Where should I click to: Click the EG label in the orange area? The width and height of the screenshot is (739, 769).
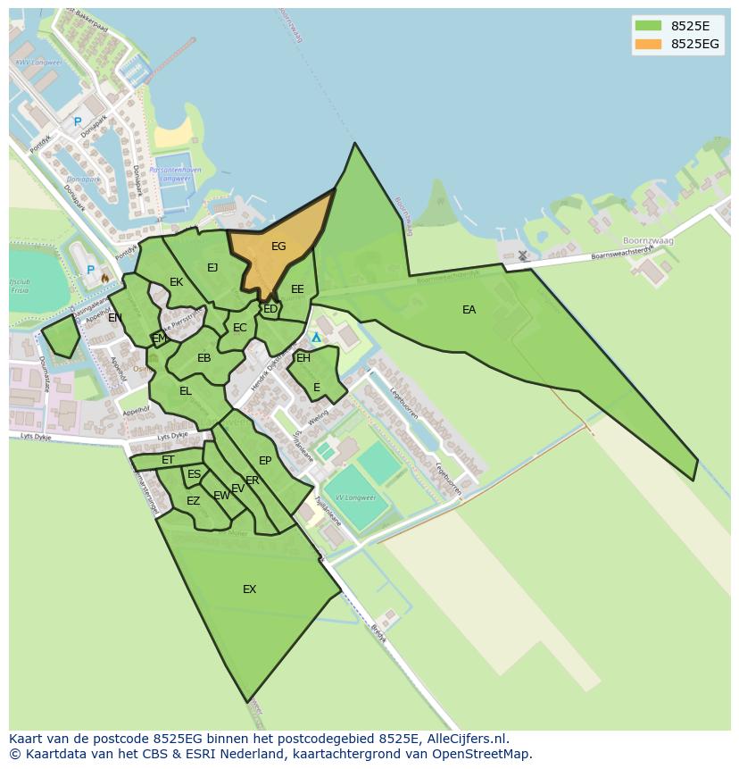coord(278,247)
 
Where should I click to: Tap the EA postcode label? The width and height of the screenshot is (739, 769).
coord(469,310)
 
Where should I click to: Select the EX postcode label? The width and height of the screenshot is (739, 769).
coord(249,589)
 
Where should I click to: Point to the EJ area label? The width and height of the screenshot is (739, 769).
coord(212,268)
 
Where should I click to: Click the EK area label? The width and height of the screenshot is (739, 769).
coord(176,282)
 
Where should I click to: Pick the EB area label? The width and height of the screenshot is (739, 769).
coord(203,358)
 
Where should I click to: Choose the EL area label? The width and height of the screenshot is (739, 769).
coord(185,391)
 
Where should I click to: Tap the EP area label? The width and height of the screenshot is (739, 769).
coord(264,461)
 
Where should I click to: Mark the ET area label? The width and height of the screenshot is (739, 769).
coord(168,461)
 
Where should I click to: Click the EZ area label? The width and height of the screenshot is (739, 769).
coord(193,501)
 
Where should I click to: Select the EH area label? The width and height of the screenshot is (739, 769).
coord(303,358)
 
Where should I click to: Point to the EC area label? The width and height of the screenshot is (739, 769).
coord(239,328)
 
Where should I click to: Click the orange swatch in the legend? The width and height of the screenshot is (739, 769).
coord(648,44)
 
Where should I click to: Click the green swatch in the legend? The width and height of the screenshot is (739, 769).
coord(648,26)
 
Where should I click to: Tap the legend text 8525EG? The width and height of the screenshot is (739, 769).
coord(695,44)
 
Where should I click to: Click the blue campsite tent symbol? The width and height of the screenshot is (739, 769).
coord(316,338)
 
